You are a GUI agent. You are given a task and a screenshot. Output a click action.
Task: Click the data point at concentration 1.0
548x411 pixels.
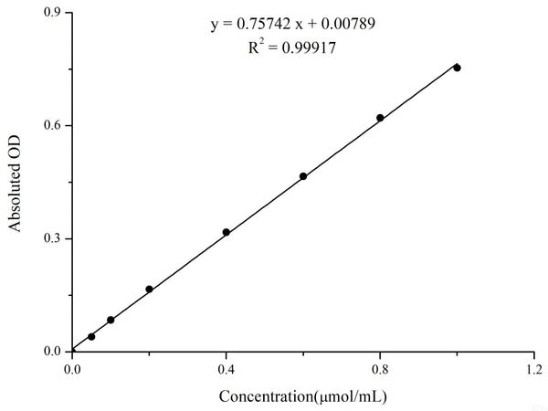pos(457,68)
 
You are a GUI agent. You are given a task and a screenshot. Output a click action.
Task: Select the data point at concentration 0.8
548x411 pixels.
pos(380,118)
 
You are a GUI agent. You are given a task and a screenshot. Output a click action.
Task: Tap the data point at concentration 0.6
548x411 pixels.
pos(303,176)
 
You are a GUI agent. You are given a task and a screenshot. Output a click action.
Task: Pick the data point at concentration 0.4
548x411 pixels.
pos(227,232)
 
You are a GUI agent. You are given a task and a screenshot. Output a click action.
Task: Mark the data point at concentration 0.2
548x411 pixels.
pos(149,289)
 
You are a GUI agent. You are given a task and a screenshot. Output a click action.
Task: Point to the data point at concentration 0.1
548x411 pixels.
pos(111,320)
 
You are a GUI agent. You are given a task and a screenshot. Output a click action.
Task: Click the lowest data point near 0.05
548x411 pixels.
pos(91,336)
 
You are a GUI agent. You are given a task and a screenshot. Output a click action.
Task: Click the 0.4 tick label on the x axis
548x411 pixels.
pos(227,370)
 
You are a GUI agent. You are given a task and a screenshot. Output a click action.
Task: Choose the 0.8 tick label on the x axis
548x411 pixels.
pos(380,370)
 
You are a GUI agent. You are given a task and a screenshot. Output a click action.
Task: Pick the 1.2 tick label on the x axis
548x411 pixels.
pos(533,370)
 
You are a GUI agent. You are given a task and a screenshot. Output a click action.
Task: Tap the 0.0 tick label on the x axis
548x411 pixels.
pos(72,370)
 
